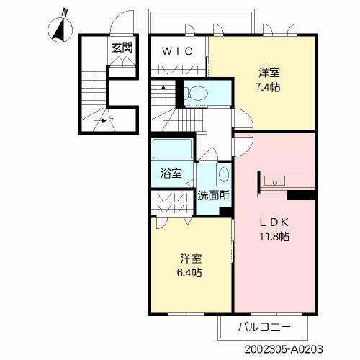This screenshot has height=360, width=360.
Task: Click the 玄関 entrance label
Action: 122,48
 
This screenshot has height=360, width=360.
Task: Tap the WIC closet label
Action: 177,51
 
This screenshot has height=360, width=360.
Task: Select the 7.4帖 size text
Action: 268,87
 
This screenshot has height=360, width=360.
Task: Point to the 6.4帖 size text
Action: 189,273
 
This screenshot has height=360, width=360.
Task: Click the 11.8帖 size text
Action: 274,237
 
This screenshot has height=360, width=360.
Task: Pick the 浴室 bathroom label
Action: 171,174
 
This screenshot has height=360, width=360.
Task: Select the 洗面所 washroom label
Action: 214,196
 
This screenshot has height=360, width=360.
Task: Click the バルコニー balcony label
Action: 264,327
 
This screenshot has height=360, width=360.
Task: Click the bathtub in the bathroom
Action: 172,149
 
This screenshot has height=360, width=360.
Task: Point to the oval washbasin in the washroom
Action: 223,174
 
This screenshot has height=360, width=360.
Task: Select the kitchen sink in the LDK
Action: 275,181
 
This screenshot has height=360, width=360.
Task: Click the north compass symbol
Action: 60,30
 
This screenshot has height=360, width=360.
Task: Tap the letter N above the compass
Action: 64,12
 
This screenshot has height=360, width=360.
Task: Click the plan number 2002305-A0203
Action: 284,349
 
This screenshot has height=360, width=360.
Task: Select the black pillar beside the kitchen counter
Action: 301,195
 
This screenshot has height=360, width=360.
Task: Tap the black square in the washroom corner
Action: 225,212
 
